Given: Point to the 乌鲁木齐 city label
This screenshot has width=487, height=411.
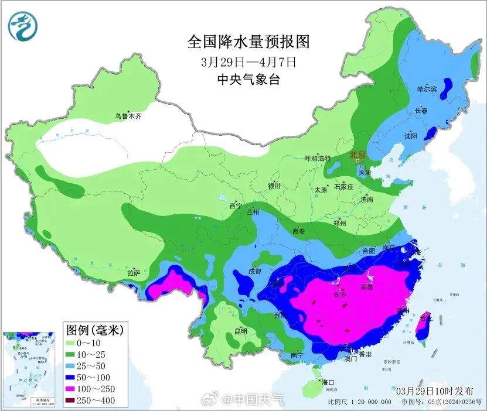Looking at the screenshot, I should coord(128,117).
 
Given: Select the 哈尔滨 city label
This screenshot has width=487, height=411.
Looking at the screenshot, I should coord(427,89).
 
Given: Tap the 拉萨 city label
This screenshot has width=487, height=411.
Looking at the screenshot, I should coord(134,273).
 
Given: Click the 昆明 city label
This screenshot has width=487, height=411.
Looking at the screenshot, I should coord(240,331).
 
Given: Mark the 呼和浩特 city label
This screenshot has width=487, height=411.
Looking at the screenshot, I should coord(317,159).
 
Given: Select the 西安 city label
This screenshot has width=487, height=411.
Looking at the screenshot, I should coord(298,231).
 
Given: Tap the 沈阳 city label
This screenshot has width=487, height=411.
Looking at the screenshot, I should coord(410,136).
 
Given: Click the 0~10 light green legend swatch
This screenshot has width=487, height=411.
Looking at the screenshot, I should coord(76,342).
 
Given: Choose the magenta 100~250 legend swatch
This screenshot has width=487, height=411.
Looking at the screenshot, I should coord(76,389).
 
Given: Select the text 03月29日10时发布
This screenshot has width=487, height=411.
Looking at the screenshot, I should coord(429,390).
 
